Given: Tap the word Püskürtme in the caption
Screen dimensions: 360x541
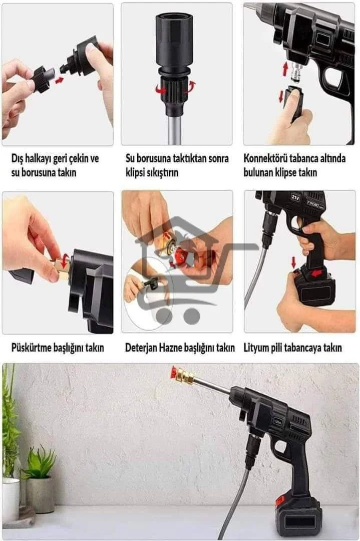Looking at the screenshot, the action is (31, 347).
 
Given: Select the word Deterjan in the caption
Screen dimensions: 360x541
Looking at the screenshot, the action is (141, 347).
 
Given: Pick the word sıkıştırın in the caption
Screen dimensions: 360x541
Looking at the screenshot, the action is (162, 172).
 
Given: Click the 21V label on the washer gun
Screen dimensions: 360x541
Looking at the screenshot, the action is (295, 197).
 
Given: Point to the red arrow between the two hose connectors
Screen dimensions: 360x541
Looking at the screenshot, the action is (60, 80).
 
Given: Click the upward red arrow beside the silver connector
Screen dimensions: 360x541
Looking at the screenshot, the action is (285, 69).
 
